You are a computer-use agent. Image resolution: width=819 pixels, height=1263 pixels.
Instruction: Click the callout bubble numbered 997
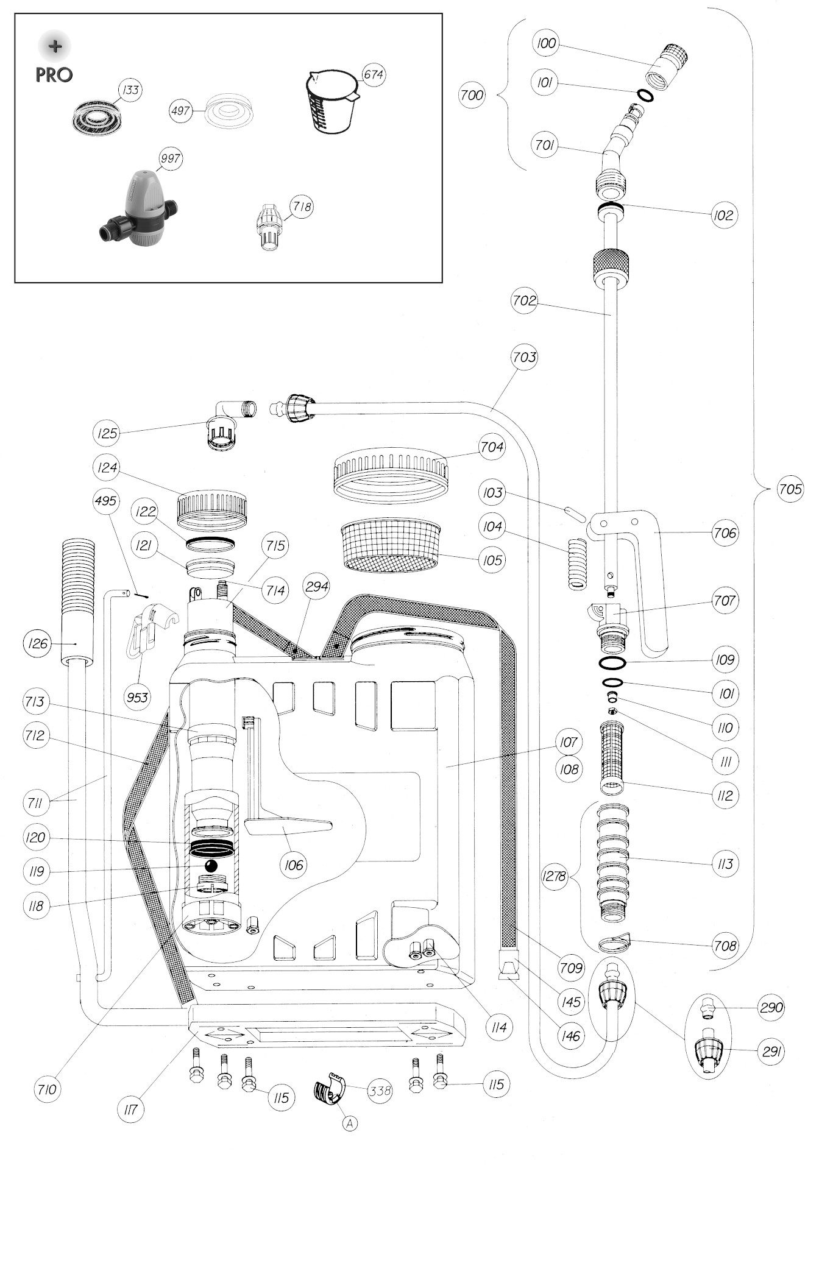[x=170, y=158]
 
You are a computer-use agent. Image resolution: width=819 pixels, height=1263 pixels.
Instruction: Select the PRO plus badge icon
[x=55, y=46]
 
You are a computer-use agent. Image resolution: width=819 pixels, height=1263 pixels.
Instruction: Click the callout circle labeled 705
[x=790, y=489]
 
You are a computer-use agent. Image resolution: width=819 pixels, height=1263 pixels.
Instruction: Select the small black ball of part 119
[x=211, y=866]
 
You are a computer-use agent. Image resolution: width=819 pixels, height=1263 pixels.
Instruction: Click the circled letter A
[x=350, y=1123]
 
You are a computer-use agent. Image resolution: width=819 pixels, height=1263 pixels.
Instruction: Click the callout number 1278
[x=554, y=877]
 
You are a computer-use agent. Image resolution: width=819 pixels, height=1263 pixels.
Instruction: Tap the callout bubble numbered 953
[x=138, y=696]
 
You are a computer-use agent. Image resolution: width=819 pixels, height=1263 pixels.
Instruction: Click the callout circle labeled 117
[x=130, y=1109]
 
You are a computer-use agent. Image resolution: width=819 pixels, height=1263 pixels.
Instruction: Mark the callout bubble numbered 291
[x=771, y=1051]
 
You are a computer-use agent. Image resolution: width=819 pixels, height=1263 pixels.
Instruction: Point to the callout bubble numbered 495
[x=105, y=501]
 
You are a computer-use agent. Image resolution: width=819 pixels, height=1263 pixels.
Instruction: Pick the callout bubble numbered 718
[x=301, y=207]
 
